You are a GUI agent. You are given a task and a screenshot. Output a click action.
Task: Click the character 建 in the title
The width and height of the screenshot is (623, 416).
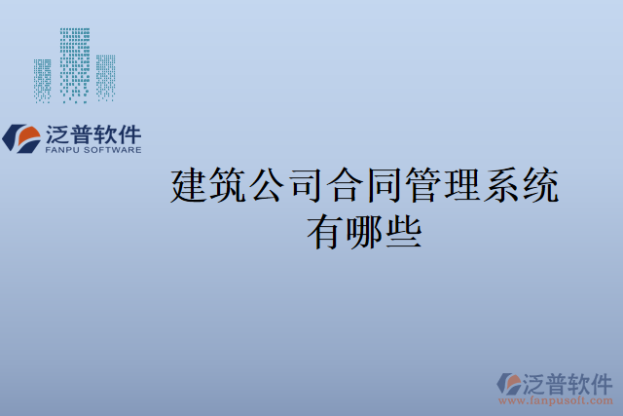pyautogui.click(x=191, y=186)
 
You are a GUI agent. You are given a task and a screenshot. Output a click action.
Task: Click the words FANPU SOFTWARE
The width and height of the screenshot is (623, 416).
pyautogui.click(x=93, y=150)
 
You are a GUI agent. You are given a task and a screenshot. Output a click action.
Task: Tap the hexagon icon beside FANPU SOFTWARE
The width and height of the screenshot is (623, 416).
pyautogui.click(x=21, y=137)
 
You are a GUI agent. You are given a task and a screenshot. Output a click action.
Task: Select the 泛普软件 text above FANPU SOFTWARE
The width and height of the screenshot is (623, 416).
pyautogui.click(x=93, y=134)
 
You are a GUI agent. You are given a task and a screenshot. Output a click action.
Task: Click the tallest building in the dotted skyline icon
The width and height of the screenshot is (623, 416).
pyautogui.click(x=74, y=64)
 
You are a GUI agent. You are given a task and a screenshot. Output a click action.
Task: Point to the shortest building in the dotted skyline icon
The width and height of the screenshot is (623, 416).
pyautogui.click(x=42, y=81)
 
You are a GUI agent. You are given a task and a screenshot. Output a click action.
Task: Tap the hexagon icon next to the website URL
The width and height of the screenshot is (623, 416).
pyautogui.click(x=509, y=383)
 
